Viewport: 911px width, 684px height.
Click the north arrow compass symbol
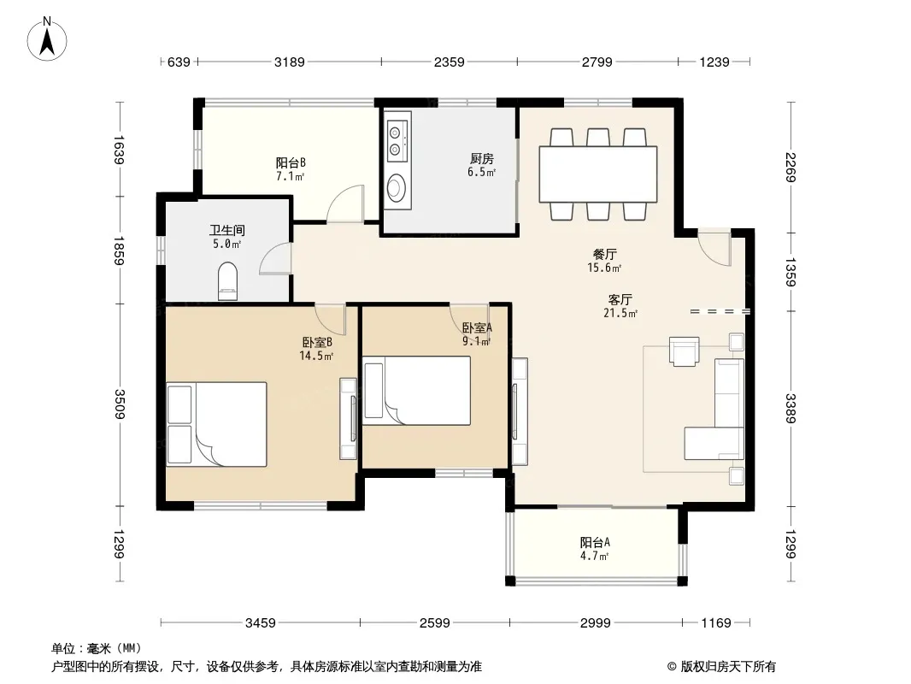pyautogui.click(x=47, y=38)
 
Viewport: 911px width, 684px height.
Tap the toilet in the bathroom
pyautogui.click(x=227, y=281)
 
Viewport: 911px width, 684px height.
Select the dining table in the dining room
pyautogui.click(x=598, y=174)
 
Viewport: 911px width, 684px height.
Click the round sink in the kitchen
pyautogui.click(x=397, y=188)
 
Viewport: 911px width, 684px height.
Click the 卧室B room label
pyautogui.click(x=317, y=342)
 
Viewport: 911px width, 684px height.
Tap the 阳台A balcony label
pyautogui.click(x=594, y=542)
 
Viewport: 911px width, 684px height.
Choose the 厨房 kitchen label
pyautogui.click(x=482, y=159)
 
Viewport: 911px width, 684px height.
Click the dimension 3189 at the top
pyautogui.click(x=290, y=62)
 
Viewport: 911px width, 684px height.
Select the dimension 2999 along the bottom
pyautogui.click(x=595, y=623)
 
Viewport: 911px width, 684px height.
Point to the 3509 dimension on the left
pyautogui.click(x=119, y=404)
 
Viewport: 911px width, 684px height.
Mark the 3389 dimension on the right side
pyautogui.click(x=791, y=408)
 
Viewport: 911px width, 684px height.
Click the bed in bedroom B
pyautogui.click(x=217, y=424)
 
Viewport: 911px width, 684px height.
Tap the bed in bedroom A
pyautogui.click(x=416, y=391)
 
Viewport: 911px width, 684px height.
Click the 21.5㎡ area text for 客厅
pyautogui.click(x=620, y=313)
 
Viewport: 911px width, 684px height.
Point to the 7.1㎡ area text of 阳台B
pyautogui.click(x=290, y=176)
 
